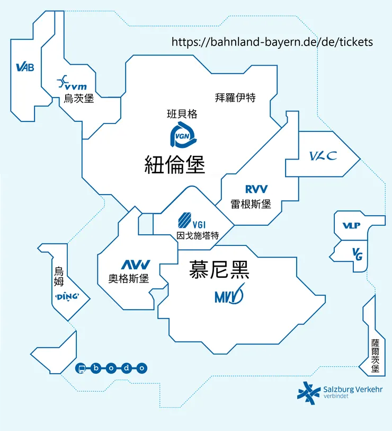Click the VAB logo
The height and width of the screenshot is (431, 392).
click(25, 67)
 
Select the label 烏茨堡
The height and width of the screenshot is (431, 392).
click(79, 98)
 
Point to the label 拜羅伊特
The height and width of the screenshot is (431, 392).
click(235, 98)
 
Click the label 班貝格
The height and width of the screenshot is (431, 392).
click(182, 113)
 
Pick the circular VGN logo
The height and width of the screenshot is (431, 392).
click(183, 137)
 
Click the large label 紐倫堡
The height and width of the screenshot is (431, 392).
click(175, 164)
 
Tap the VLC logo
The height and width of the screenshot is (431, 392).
click(323, 156)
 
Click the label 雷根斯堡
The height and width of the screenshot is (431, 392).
click(251, 204)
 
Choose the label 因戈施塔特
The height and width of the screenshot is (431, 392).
click(197, 236)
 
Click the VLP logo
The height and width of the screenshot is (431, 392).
click(351, 226)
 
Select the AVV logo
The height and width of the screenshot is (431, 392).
click(136, 265)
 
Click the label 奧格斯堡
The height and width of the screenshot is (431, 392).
click(129, 278)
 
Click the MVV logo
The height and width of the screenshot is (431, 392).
click(229, 295)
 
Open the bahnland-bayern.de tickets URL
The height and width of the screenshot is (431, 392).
click(272, 42)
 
